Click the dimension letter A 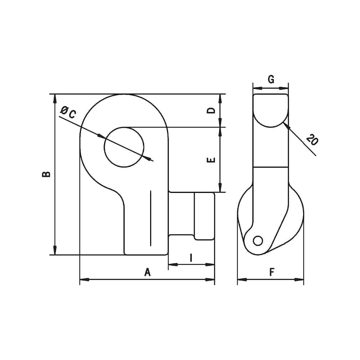point(147,272)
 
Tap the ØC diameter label point(68,112)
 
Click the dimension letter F point(272,272)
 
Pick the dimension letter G point(271,79)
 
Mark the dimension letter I point(191,257)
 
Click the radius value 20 point(312,139)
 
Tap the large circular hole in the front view point(124,147)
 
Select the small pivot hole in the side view point(258,240)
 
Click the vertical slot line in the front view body point(150,219)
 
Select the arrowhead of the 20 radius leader point(285,125)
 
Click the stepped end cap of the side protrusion point(204,216)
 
